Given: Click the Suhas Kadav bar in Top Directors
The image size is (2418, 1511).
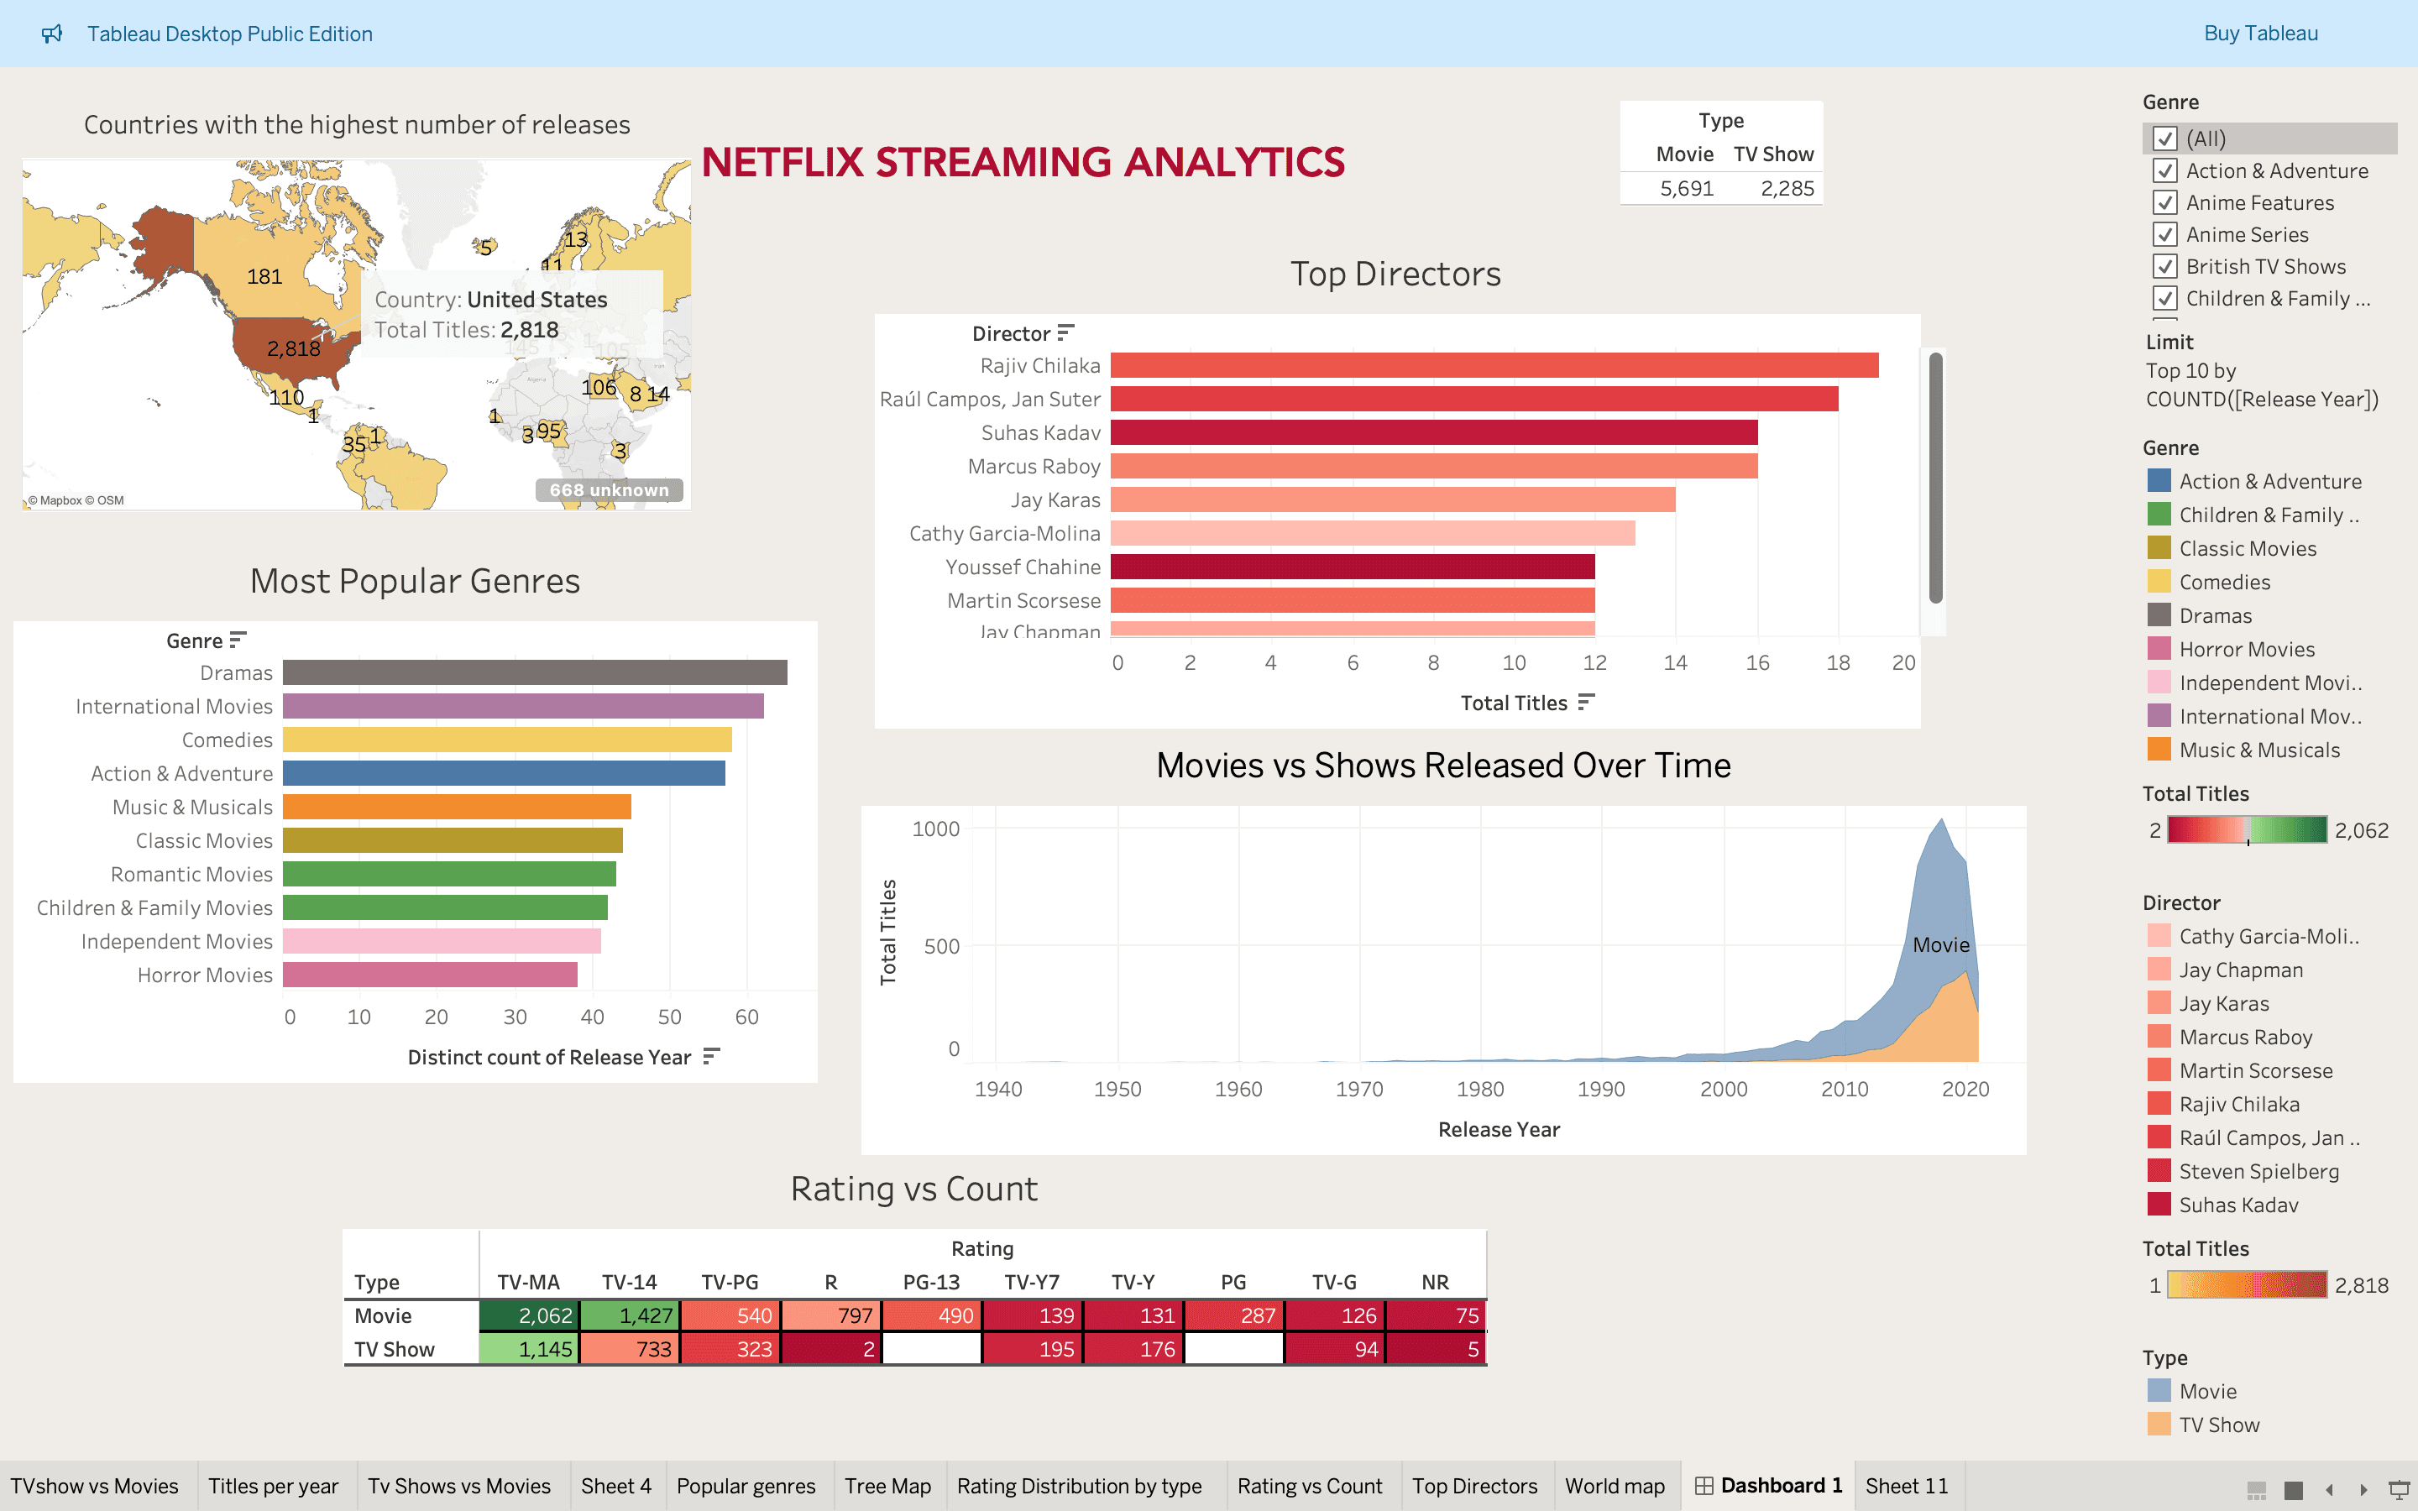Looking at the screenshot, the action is pos(1434,432).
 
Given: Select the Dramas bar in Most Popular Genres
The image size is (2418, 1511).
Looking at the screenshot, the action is pos(535,672).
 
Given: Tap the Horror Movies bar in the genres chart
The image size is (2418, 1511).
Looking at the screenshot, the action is pos(430,975).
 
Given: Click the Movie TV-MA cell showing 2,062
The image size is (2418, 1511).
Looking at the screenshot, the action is pos(529,1316).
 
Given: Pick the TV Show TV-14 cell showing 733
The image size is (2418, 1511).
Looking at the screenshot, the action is pos(630,1349).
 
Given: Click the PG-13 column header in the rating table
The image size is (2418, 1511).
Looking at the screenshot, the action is pos(931,1282).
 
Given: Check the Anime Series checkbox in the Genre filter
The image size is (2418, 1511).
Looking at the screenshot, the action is pos(2165,235).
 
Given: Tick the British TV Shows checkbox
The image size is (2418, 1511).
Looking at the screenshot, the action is pos(2165,267).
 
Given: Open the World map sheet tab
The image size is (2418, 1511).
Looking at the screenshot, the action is pos(1615,1486).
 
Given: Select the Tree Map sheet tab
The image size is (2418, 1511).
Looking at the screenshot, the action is pos(887,1486).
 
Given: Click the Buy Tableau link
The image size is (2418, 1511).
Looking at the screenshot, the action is pos(2260,33).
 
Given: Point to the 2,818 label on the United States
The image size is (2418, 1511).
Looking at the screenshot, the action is pos(294,348).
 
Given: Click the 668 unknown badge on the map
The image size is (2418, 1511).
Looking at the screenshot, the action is pos(610,489).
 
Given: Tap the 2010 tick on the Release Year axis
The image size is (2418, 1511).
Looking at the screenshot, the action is pos(1845,1090).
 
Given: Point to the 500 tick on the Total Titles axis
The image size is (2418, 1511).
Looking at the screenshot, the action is pos(942,946).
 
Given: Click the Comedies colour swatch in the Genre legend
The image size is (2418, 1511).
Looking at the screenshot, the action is pos(2159,582).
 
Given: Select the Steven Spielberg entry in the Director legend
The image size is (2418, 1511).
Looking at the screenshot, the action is pos(2258,1171).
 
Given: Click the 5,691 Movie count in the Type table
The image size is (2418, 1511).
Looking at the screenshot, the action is pos(1687,189).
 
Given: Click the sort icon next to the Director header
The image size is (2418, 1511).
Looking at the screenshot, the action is pos(1066,332).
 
